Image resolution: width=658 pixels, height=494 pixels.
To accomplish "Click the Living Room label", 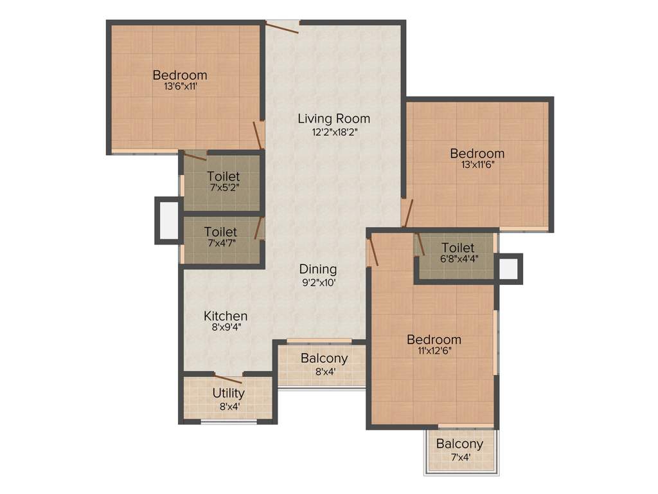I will point(333,118).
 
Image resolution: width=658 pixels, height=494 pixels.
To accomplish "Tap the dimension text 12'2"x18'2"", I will point(333,131).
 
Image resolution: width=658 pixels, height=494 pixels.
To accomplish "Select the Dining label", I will point(317,270).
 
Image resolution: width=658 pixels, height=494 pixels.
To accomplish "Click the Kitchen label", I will point(226,316).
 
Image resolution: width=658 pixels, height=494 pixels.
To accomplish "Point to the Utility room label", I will point(229,393).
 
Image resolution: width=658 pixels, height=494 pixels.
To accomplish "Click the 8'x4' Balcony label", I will point(324,358).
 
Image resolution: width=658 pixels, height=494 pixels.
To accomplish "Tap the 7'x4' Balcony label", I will point(459,444).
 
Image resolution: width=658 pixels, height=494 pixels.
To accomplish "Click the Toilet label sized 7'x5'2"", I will point(223,176).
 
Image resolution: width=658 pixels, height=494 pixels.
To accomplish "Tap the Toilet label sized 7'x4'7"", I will point(220,232).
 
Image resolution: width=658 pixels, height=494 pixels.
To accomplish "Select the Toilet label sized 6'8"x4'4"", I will point(458,248).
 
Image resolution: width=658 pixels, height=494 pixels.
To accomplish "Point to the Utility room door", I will point(228,379).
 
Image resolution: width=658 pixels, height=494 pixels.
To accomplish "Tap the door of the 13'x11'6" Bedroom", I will point(407,212).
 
